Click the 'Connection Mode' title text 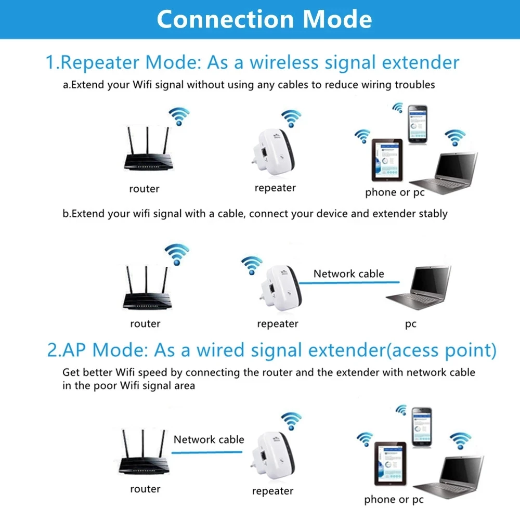pos(264,19)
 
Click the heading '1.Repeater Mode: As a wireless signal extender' pos(253,62)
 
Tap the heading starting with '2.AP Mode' pos(271,350)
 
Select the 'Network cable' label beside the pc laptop pos(348,274)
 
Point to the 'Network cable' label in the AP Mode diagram pos(209,439)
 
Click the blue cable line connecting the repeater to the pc pos(348,283)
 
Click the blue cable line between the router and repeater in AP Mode pos(208,452)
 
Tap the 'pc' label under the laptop pos(411,324)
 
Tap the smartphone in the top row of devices pos(417,125)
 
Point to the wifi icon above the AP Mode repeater pos(291,420)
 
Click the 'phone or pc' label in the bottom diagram pos(394,500)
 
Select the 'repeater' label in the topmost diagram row pos(275,188)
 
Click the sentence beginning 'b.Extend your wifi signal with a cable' pos(255,213)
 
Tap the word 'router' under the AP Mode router pos(145,489)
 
